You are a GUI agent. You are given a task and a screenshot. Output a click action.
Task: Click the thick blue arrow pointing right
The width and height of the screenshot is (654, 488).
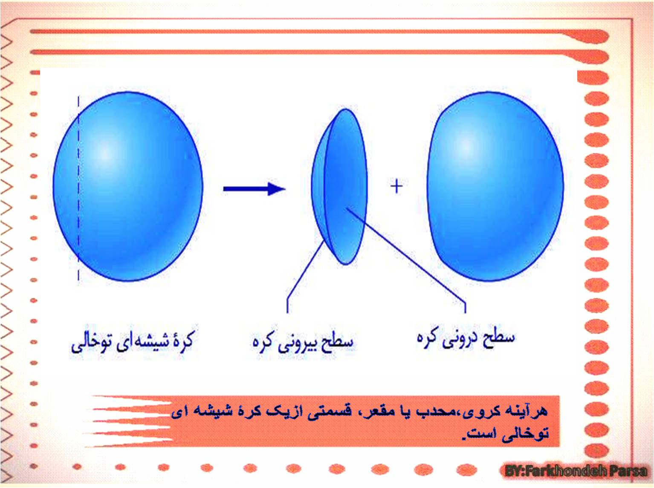tap(254, 189)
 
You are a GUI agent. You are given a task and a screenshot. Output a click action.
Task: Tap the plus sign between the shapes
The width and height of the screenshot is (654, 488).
tap(396, 186)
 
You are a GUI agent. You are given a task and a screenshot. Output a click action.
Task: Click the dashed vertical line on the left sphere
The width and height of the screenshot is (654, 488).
tap(78, 188)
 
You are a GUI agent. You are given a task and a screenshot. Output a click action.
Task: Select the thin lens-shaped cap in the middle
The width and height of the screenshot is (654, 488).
tap(339, 187)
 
